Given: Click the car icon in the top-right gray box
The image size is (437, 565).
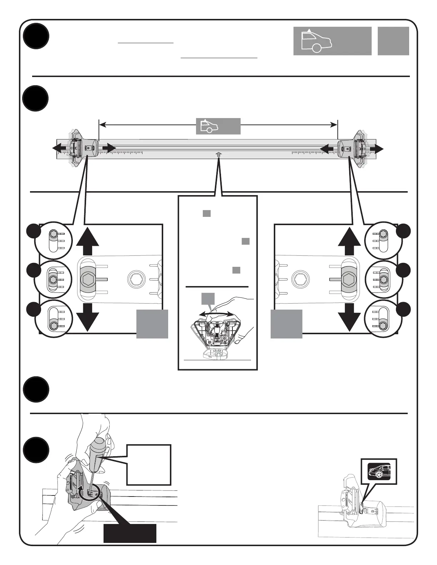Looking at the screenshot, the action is coord(316,41).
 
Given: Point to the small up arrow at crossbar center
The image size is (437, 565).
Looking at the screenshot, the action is coord(218,154).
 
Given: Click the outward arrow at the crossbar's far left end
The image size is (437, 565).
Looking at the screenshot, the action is coord(59,148).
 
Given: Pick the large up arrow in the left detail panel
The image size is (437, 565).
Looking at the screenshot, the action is coord(87,241).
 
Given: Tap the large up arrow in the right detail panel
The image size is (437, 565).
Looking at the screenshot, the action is coord(349,241).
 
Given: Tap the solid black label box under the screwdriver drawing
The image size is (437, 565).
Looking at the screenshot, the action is coord(130,533).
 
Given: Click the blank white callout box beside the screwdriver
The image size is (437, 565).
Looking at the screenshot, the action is coord(149,464).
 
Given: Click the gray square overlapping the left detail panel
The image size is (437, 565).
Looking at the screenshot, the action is coord(152,324).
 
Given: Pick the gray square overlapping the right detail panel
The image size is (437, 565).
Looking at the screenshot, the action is coord(286,324).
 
